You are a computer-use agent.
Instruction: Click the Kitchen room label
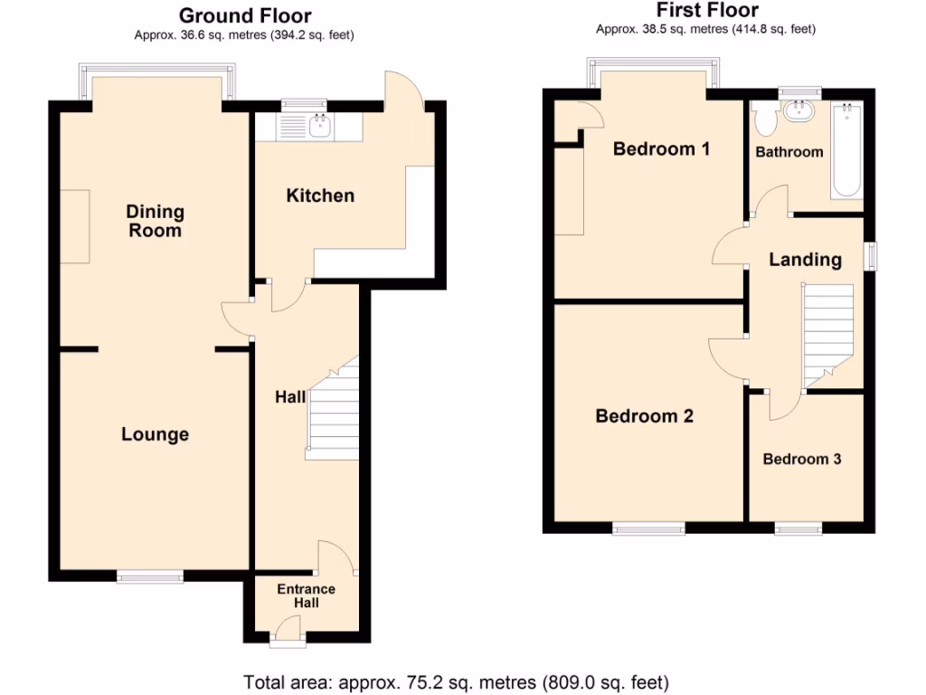pos(320,195)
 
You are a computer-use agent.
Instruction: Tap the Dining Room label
pos(155,221)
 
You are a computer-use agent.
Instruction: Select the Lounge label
pos(155,434)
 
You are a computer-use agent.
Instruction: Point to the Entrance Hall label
pos(306,596)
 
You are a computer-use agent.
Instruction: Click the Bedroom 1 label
pos(661,148)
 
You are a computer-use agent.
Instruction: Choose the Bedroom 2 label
pos(644,416)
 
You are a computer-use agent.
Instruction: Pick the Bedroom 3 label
pos(802,459)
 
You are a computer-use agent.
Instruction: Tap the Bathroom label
pos(789,152)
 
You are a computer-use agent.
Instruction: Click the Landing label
pos(805,260)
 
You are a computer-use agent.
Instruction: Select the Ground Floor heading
pos(245,15)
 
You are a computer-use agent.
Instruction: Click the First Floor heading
pos(706,11)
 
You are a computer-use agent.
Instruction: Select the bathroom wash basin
pos(799,111)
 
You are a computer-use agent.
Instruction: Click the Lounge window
pos(150,575)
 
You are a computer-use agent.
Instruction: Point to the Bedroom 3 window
pos(798,528)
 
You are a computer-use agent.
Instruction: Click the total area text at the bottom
pos(456,681)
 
